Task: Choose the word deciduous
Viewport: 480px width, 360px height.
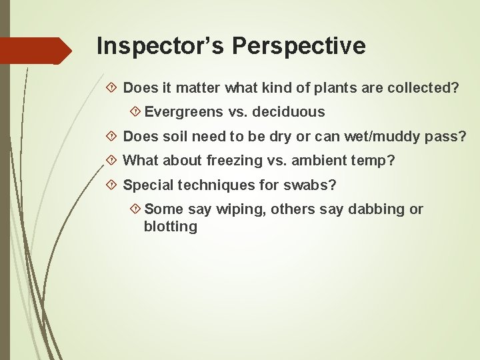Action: click(289, 112)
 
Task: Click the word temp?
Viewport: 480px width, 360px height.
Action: click(376, 161)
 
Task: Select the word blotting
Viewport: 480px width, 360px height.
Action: click(171, 227)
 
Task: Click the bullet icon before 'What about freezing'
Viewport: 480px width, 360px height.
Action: click(111, 161)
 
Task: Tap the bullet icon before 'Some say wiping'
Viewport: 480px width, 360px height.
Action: click(135, 209)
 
